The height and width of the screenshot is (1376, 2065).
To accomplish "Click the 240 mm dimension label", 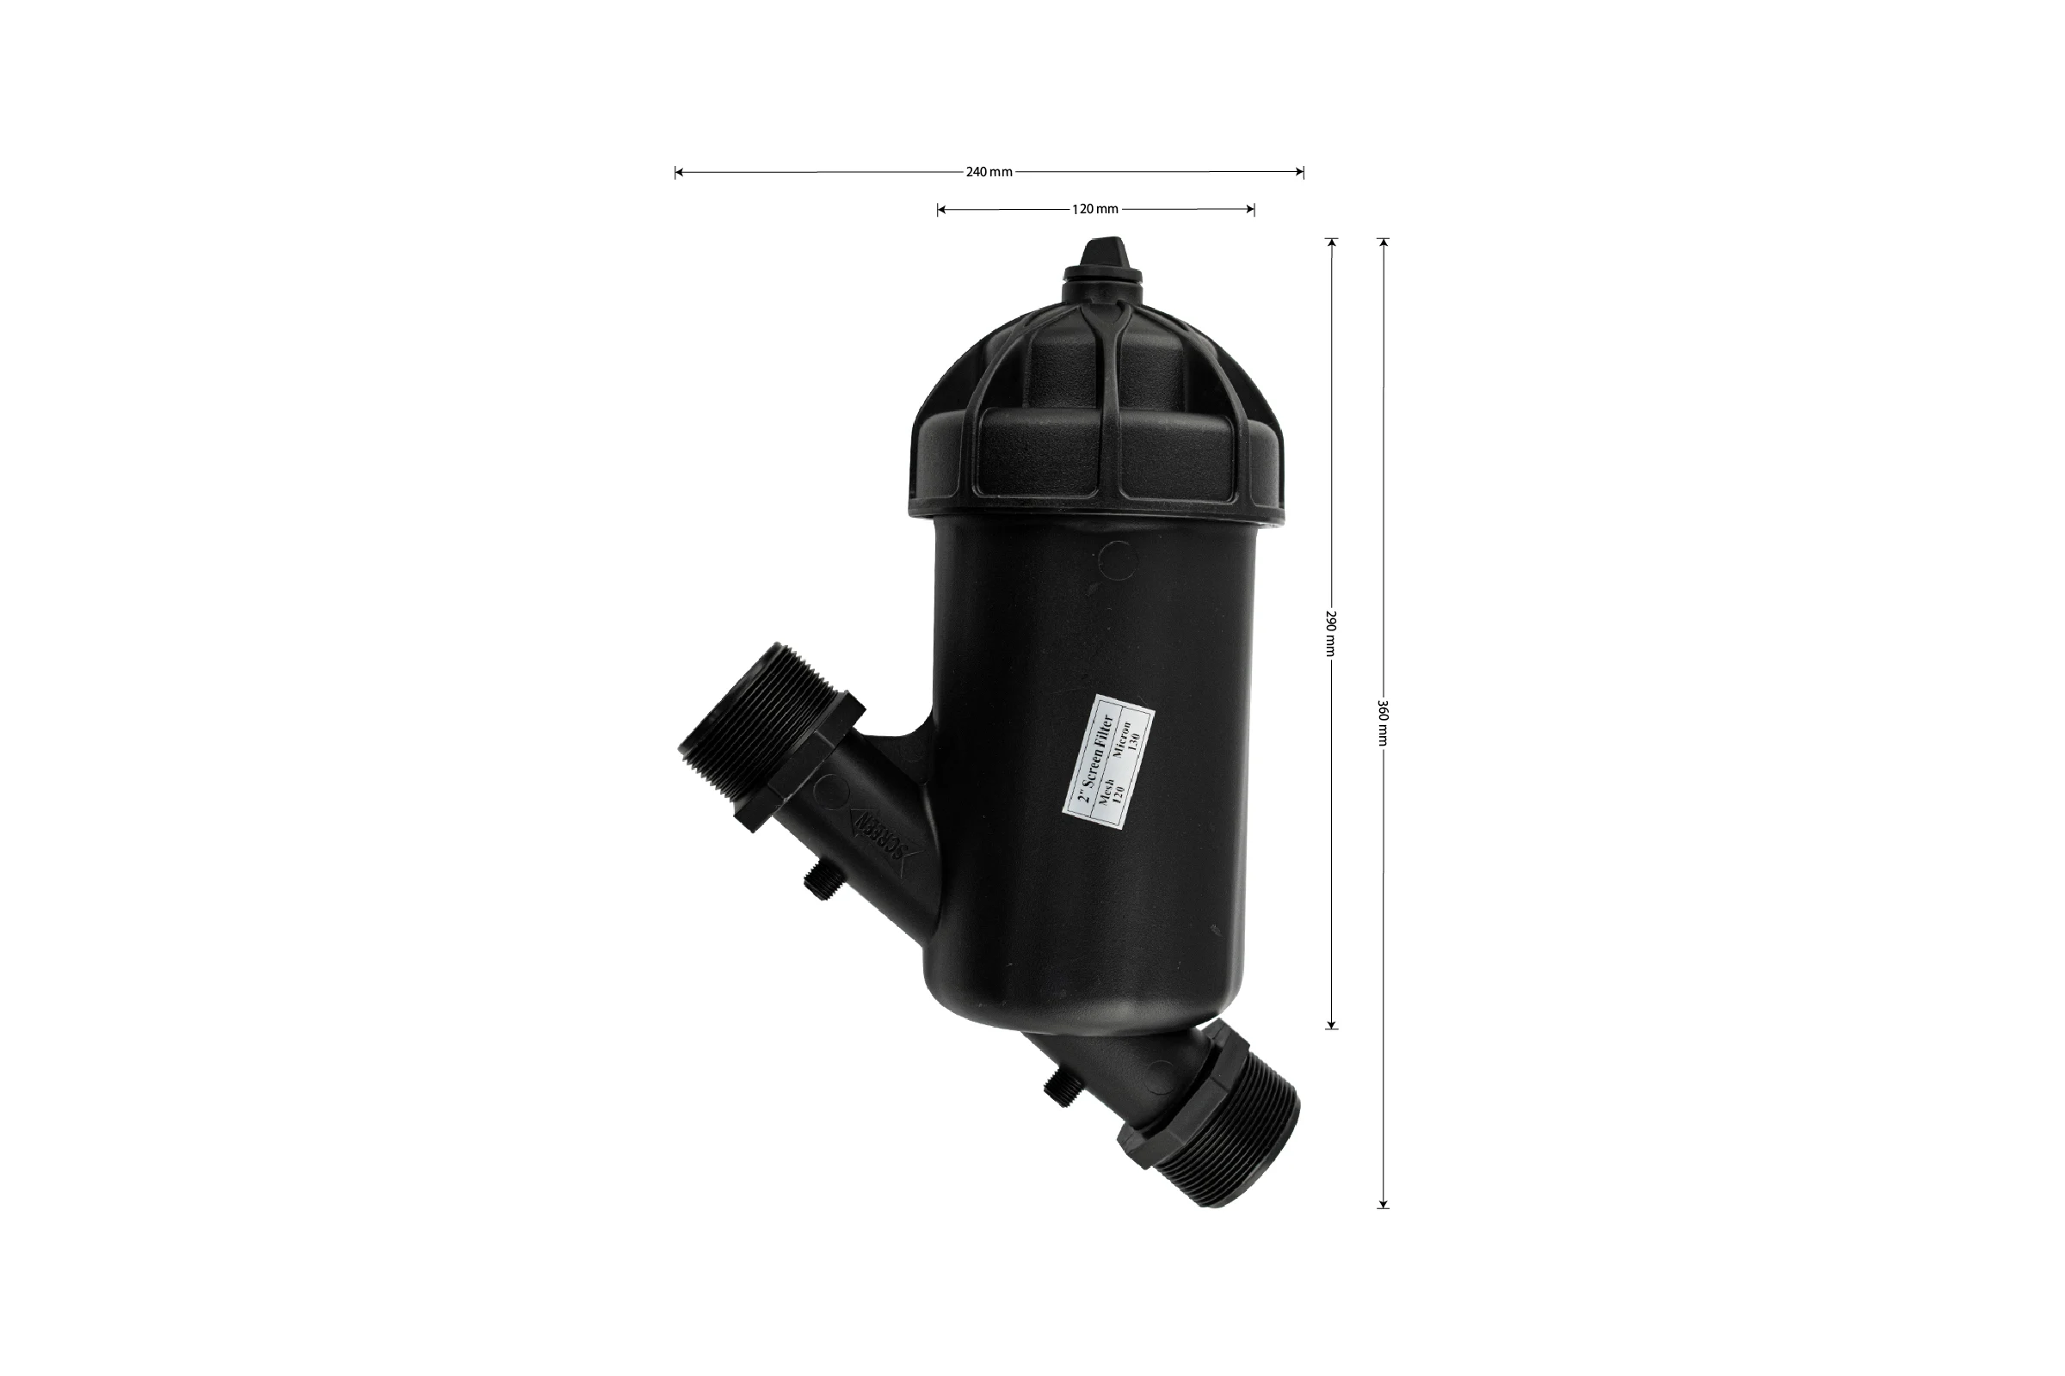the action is pyautogui.click(x=989, y=172).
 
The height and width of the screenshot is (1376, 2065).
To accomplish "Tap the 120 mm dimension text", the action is pyautogui.click(x=1094, y=209).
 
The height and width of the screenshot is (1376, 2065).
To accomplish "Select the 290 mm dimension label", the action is pyautogui.click(x=1331, y=633).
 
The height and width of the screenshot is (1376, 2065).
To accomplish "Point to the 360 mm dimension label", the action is pyautogui.click(x=1383, y=722).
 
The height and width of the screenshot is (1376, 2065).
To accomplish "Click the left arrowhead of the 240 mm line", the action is pyautogui.click(x=680, y=172).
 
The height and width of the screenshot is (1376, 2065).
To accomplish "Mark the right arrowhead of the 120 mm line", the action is pyautogui.click(x=1248, y=209).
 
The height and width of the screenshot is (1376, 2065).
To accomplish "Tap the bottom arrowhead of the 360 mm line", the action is pyautogui.click(x=1383, y=1202).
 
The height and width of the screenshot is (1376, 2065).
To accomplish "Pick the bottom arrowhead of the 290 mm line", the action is pyautogui.click(x=1331, y=1023).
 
